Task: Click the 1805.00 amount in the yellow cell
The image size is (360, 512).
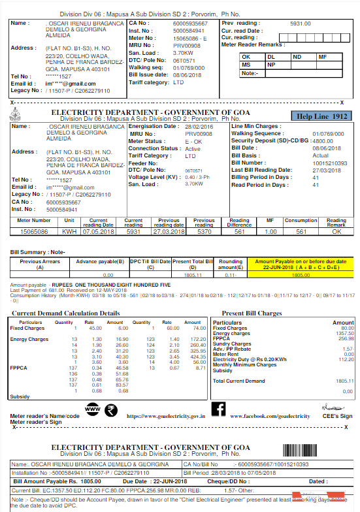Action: pos(301,276)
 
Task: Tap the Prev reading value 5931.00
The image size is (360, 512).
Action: pos(300,23)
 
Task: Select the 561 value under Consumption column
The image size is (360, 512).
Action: pos(301,231)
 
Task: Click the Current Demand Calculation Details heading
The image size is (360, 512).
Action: pos(63,313)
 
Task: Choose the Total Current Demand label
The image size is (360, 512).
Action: pos(239,381)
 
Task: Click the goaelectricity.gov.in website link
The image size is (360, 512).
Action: pos(166,415)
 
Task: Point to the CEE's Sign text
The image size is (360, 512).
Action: pos(336,416)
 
